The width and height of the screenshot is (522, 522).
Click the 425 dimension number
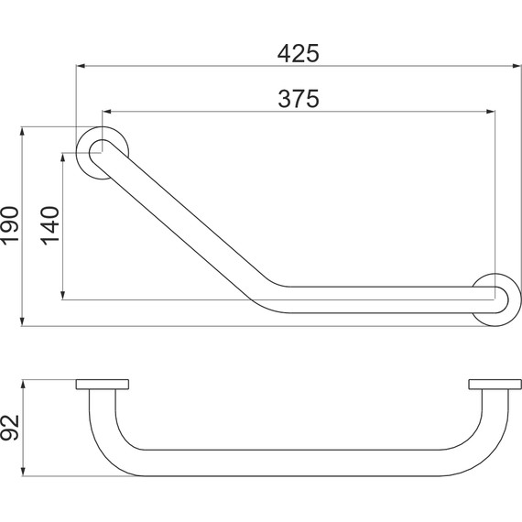click(298, 54)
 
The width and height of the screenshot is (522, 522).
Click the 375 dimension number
click(299, 99)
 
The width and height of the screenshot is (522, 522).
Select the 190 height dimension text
click(10, 226)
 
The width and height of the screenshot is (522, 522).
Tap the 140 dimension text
click(50, 226)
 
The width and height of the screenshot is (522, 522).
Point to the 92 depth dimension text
click(10, 428)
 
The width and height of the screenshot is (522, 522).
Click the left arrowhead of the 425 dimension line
click(81, 66)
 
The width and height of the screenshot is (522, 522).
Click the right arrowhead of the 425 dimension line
click(517, 66)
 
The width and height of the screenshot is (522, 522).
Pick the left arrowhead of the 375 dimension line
click(107, 112)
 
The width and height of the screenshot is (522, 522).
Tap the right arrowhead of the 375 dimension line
click(490, 112)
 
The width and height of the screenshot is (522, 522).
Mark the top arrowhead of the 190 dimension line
click(22, 132)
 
